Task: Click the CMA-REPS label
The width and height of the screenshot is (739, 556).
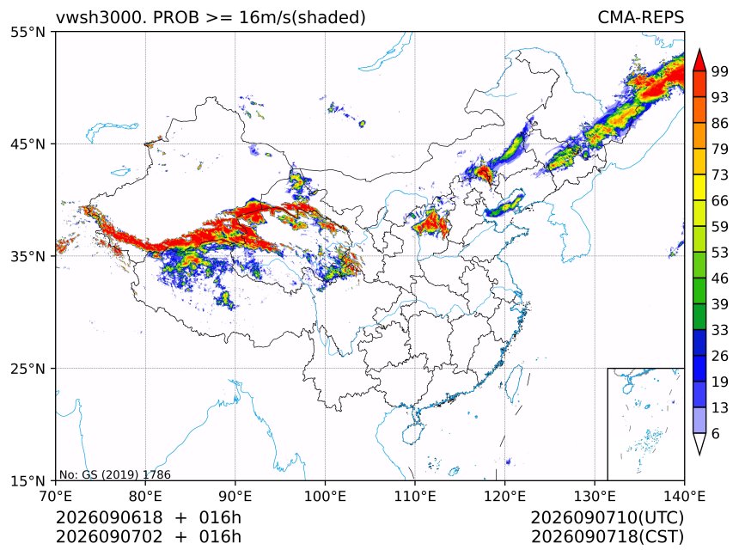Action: (640, 17)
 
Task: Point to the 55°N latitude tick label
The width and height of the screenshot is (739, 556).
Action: (27, 32)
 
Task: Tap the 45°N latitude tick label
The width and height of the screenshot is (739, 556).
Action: (27, 144)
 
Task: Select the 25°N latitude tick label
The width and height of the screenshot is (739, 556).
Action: (27, 368)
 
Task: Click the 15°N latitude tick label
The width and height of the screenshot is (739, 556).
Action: (27, 480)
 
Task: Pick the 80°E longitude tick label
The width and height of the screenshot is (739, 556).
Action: (145, 496)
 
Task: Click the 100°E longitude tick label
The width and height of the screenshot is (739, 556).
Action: (325, 496)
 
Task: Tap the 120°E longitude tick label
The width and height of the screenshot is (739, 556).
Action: (504, 496)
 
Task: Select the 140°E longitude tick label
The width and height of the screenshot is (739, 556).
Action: (684, 496)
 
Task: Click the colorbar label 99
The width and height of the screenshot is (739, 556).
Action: (720, 71)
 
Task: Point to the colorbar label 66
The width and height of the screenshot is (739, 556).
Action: (720, 201)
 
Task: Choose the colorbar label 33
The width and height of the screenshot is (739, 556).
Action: (720, 330)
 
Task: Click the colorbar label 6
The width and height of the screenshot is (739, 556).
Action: (716, 433)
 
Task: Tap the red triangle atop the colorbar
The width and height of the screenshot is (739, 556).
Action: (699, 60)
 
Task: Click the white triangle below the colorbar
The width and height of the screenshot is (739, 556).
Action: (699, 443)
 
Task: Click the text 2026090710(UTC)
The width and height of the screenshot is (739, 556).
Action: (607, 518)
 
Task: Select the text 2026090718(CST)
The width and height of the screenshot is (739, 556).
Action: (607, 537)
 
